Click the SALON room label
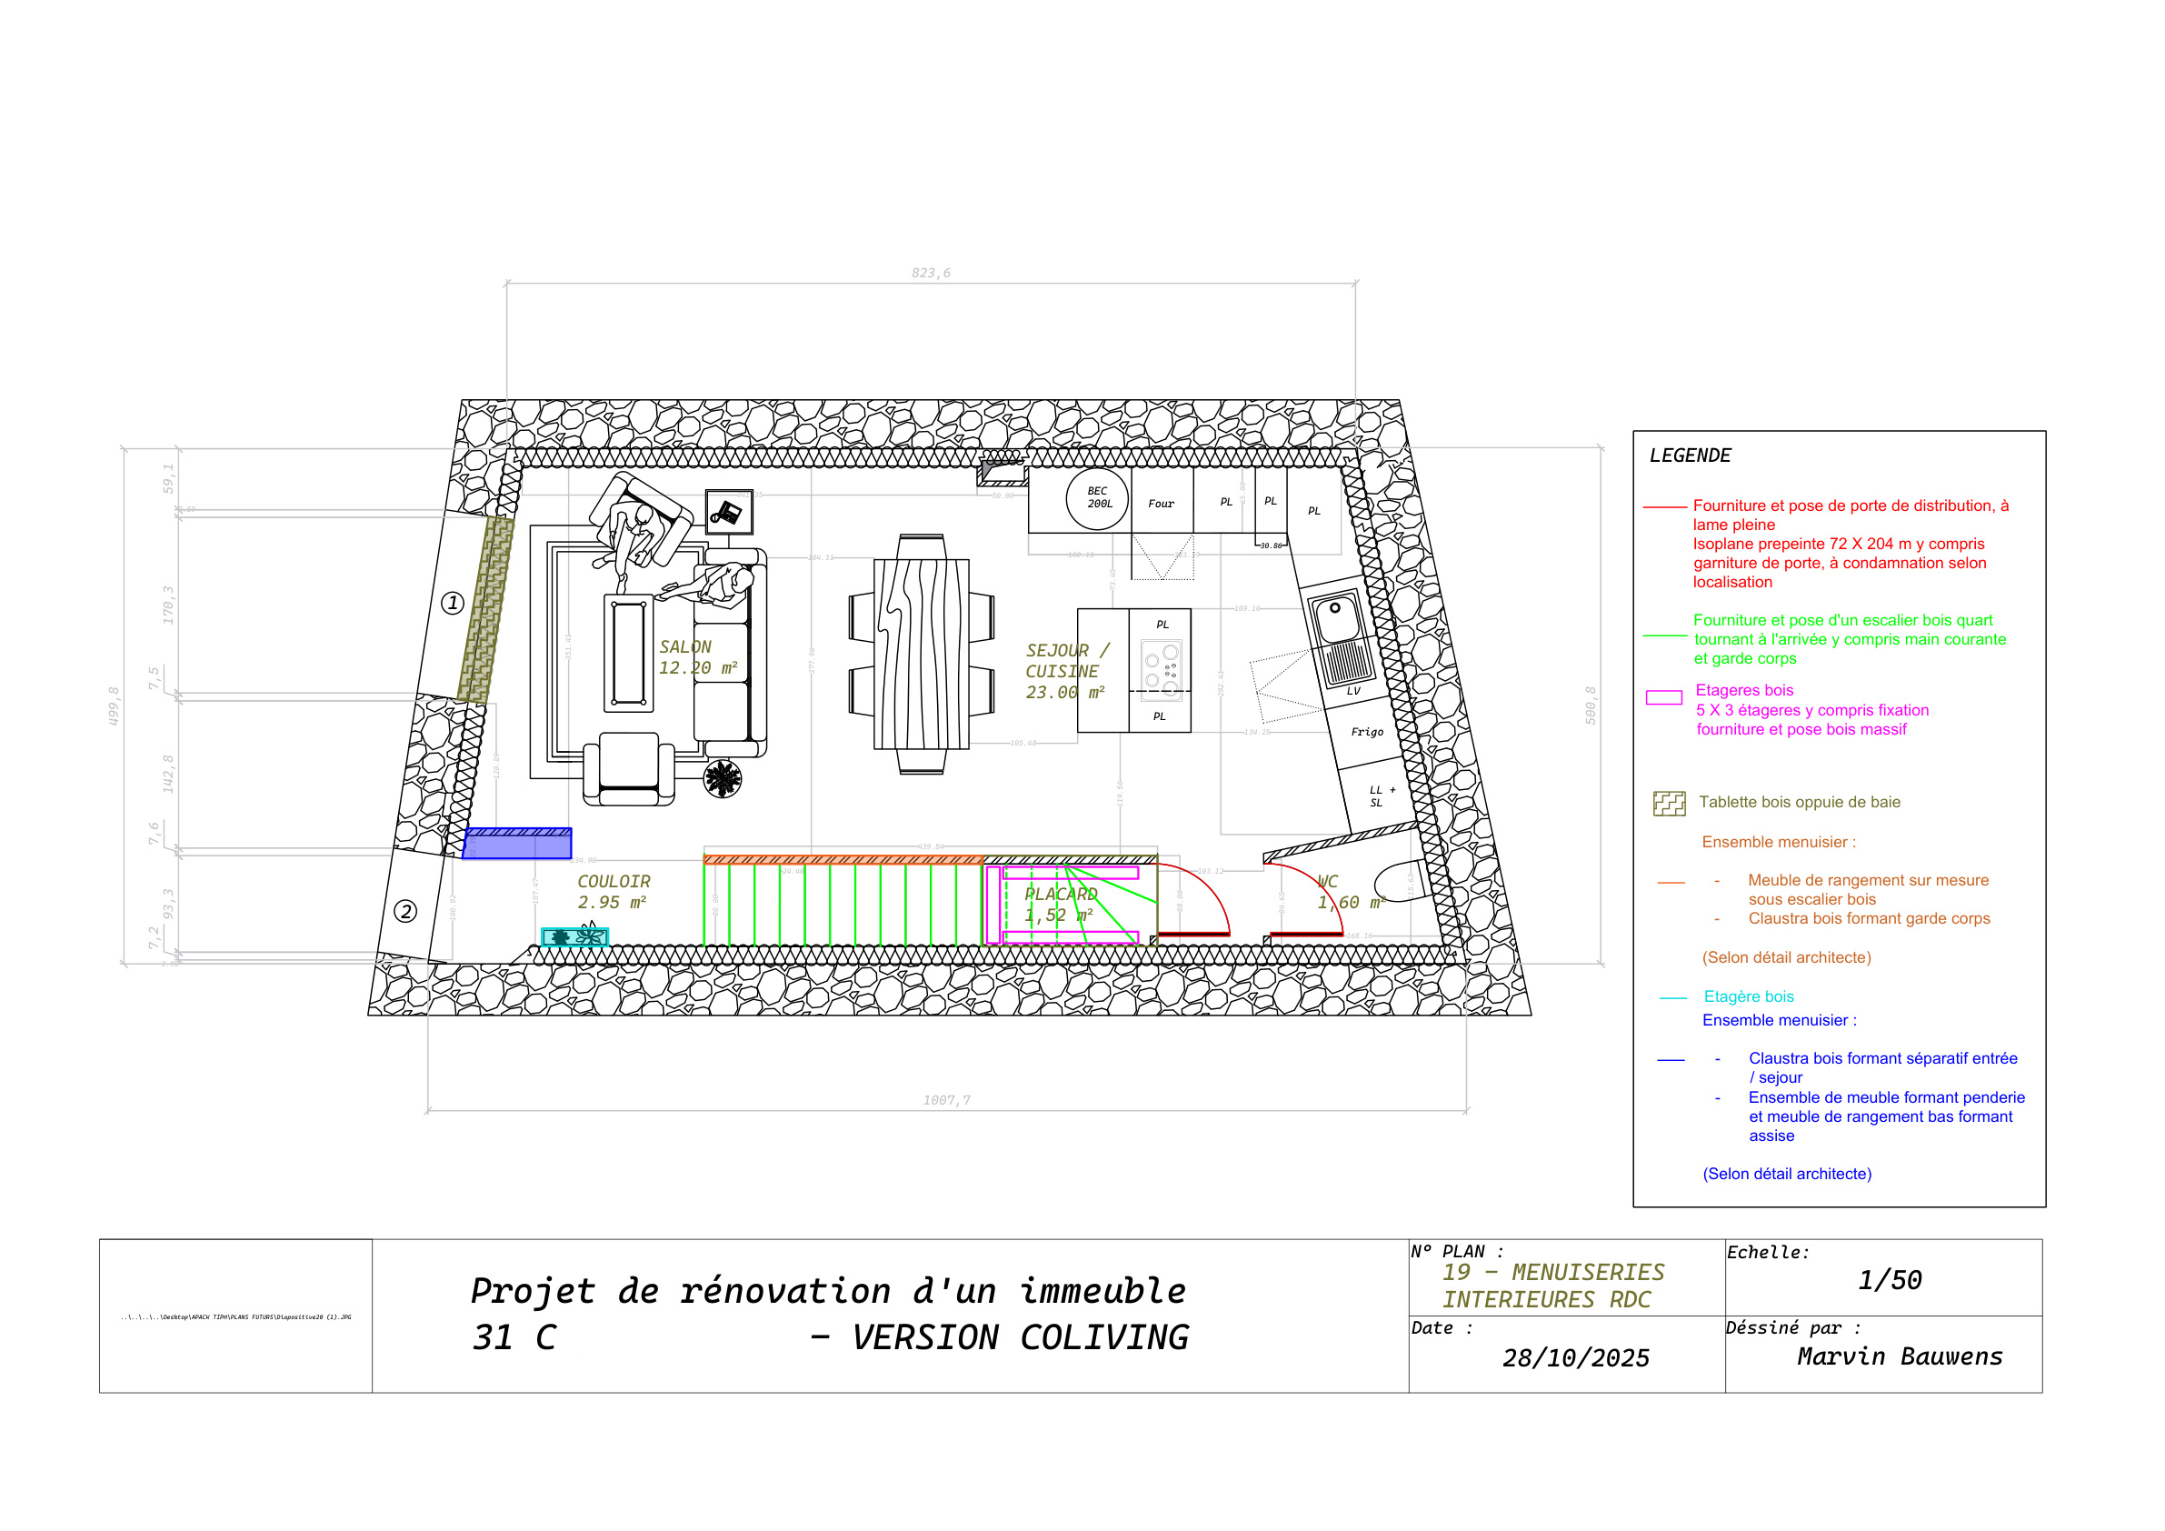pyautogui.click(x=685, y=647)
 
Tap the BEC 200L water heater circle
pyautogui.click(x=1098, y=498)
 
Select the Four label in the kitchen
pyautogui.click(x=1161, y=504)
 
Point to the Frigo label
pyautogui.click(x=1366, y=732)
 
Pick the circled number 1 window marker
pyautogui.click(x=453, y=603)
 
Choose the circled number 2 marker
pyautogui.click(x=405, y=911)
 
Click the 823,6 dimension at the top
pyautogui.click(x=931, y=273)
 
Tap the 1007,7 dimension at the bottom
pyautogui.click(x=946, y=1100)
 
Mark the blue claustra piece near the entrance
pyautogui.click(x=518, y=844)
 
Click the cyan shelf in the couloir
pyautogui.click(x=574, y=936)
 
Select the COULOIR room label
pyautogui.click(x=614, y=881)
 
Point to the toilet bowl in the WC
pyautogui.click(x=1399, y=882)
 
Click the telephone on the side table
pyautogui.click(x=728, y=512)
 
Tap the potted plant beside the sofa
pyautogui.click(x=723, y=778)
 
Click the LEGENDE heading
pyautogui.click(x=1690, y=455)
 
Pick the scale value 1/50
pyautogui.click(x=1890, y=1280)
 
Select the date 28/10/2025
pyautogui.click(x=1576, y=1357)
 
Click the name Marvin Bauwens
pyautogui.click(x=1899, y=1356)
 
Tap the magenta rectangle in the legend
pyautogui.click(x=1663, y=698)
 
